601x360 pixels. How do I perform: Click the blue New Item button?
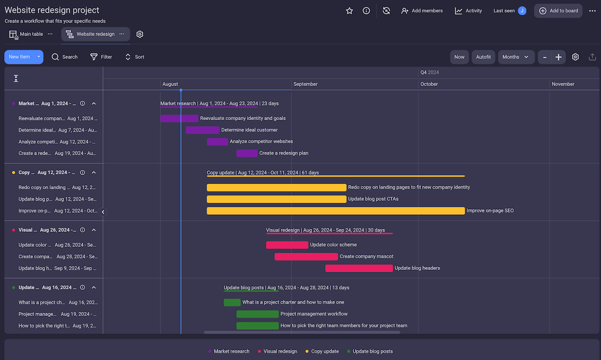point(20,57)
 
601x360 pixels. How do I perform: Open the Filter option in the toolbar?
point(101,57)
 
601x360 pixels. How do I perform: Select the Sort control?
point(134,57)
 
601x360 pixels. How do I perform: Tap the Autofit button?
point(483,57)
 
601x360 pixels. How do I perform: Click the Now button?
point(459,57)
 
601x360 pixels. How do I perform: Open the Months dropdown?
point(516,57)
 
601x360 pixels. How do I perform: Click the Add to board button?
point(558,11)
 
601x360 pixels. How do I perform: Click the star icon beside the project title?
point(350,11)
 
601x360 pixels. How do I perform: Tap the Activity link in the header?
point(468,11)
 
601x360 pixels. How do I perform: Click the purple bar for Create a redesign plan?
point(247,153)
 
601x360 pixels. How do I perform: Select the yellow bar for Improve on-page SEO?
point(336,211)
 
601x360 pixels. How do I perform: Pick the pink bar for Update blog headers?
point(359,268)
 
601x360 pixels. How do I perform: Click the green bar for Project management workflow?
point(257,314)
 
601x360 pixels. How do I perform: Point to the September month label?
point(306,84)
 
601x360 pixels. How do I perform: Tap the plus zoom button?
point(558,57)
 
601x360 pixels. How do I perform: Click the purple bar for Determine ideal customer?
point(202,130)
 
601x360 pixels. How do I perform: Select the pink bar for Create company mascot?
point(306,257)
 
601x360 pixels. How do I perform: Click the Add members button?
point(422,11)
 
